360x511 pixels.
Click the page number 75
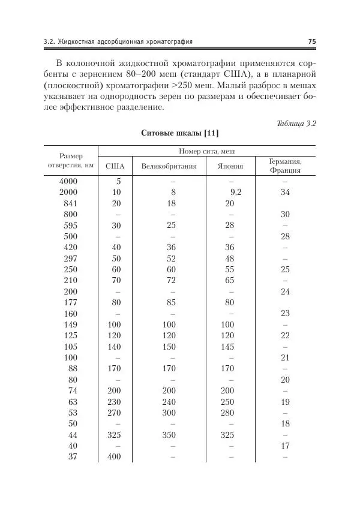click(x=311, y=41)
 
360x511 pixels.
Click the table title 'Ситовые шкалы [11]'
click(x=179, y=132)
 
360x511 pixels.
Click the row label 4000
click(x=69, y=181)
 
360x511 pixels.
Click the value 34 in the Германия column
click(x=285, y=192)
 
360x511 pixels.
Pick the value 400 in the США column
click(x=114, y=457)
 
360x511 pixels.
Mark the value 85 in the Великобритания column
click(x=172, y=302)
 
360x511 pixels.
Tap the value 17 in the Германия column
click(x=285, y=446)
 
